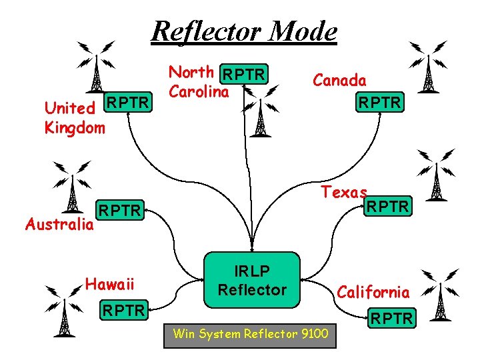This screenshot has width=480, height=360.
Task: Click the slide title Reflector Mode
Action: coord(244,31)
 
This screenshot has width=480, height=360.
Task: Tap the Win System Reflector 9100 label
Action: coord(250,333)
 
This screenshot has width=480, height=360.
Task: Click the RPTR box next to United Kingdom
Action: coord(130,103)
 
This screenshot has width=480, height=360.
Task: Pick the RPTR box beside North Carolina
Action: coord(245,73)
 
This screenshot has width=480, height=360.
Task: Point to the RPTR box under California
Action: coord(392,319)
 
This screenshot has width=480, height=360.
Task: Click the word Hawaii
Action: coord(110,285)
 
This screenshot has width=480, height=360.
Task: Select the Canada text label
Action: coord(340,80)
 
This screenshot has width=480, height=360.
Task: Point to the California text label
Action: coord(373,292)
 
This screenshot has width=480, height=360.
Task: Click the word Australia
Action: coord(59,224)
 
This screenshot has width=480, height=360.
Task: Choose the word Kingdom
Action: coord(75,127)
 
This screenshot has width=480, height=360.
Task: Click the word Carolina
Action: coord(199,91)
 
